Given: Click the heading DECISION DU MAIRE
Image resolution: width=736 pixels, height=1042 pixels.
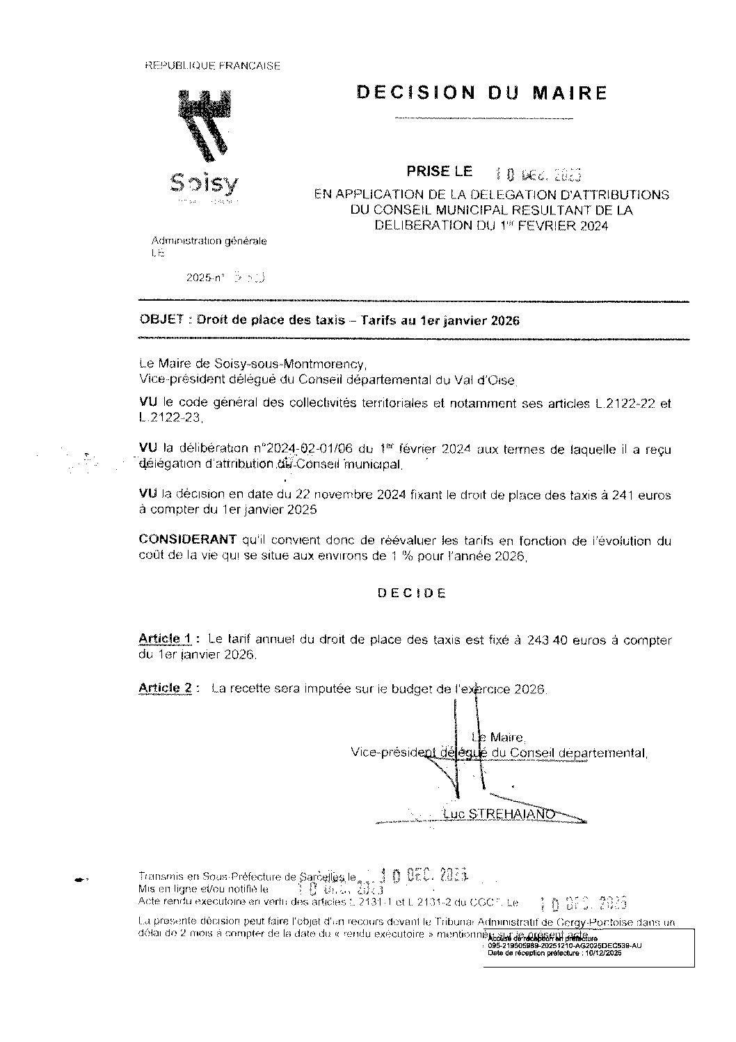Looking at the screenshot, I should point(481,93).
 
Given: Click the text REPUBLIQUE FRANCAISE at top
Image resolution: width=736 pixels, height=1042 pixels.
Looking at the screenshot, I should point(212,66).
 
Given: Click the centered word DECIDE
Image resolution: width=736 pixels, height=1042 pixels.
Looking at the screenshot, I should point(412,593).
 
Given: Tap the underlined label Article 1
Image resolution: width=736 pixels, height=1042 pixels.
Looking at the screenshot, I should point(166,639).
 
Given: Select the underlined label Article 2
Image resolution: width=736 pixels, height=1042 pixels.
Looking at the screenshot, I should point(166,688).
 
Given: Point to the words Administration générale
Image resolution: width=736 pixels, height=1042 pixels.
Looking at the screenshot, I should point(209,241).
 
